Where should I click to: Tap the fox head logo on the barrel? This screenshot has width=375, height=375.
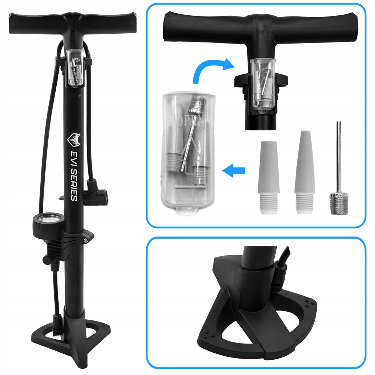pos(74,140)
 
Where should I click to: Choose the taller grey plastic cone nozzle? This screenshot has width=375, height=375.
pos(304,172)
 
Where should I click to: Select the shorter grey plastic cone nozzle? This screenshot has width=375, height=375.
pos(269,177)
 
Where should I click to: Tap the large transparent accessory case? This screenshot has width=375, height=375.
pos(188,153)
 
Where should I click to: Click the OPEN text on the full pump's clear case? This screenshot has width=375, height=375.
pos(76,60)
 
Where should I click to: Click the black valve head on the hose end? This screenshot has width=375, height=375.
pos(95,193)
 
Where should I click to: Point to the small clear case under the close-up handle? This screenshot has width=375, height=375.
pos(262,85)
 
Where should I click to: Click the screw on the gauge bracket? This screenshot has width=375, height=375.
pos(86,240)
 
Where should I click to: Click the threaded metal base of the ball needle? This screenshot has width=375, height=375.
pos(339,204)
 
